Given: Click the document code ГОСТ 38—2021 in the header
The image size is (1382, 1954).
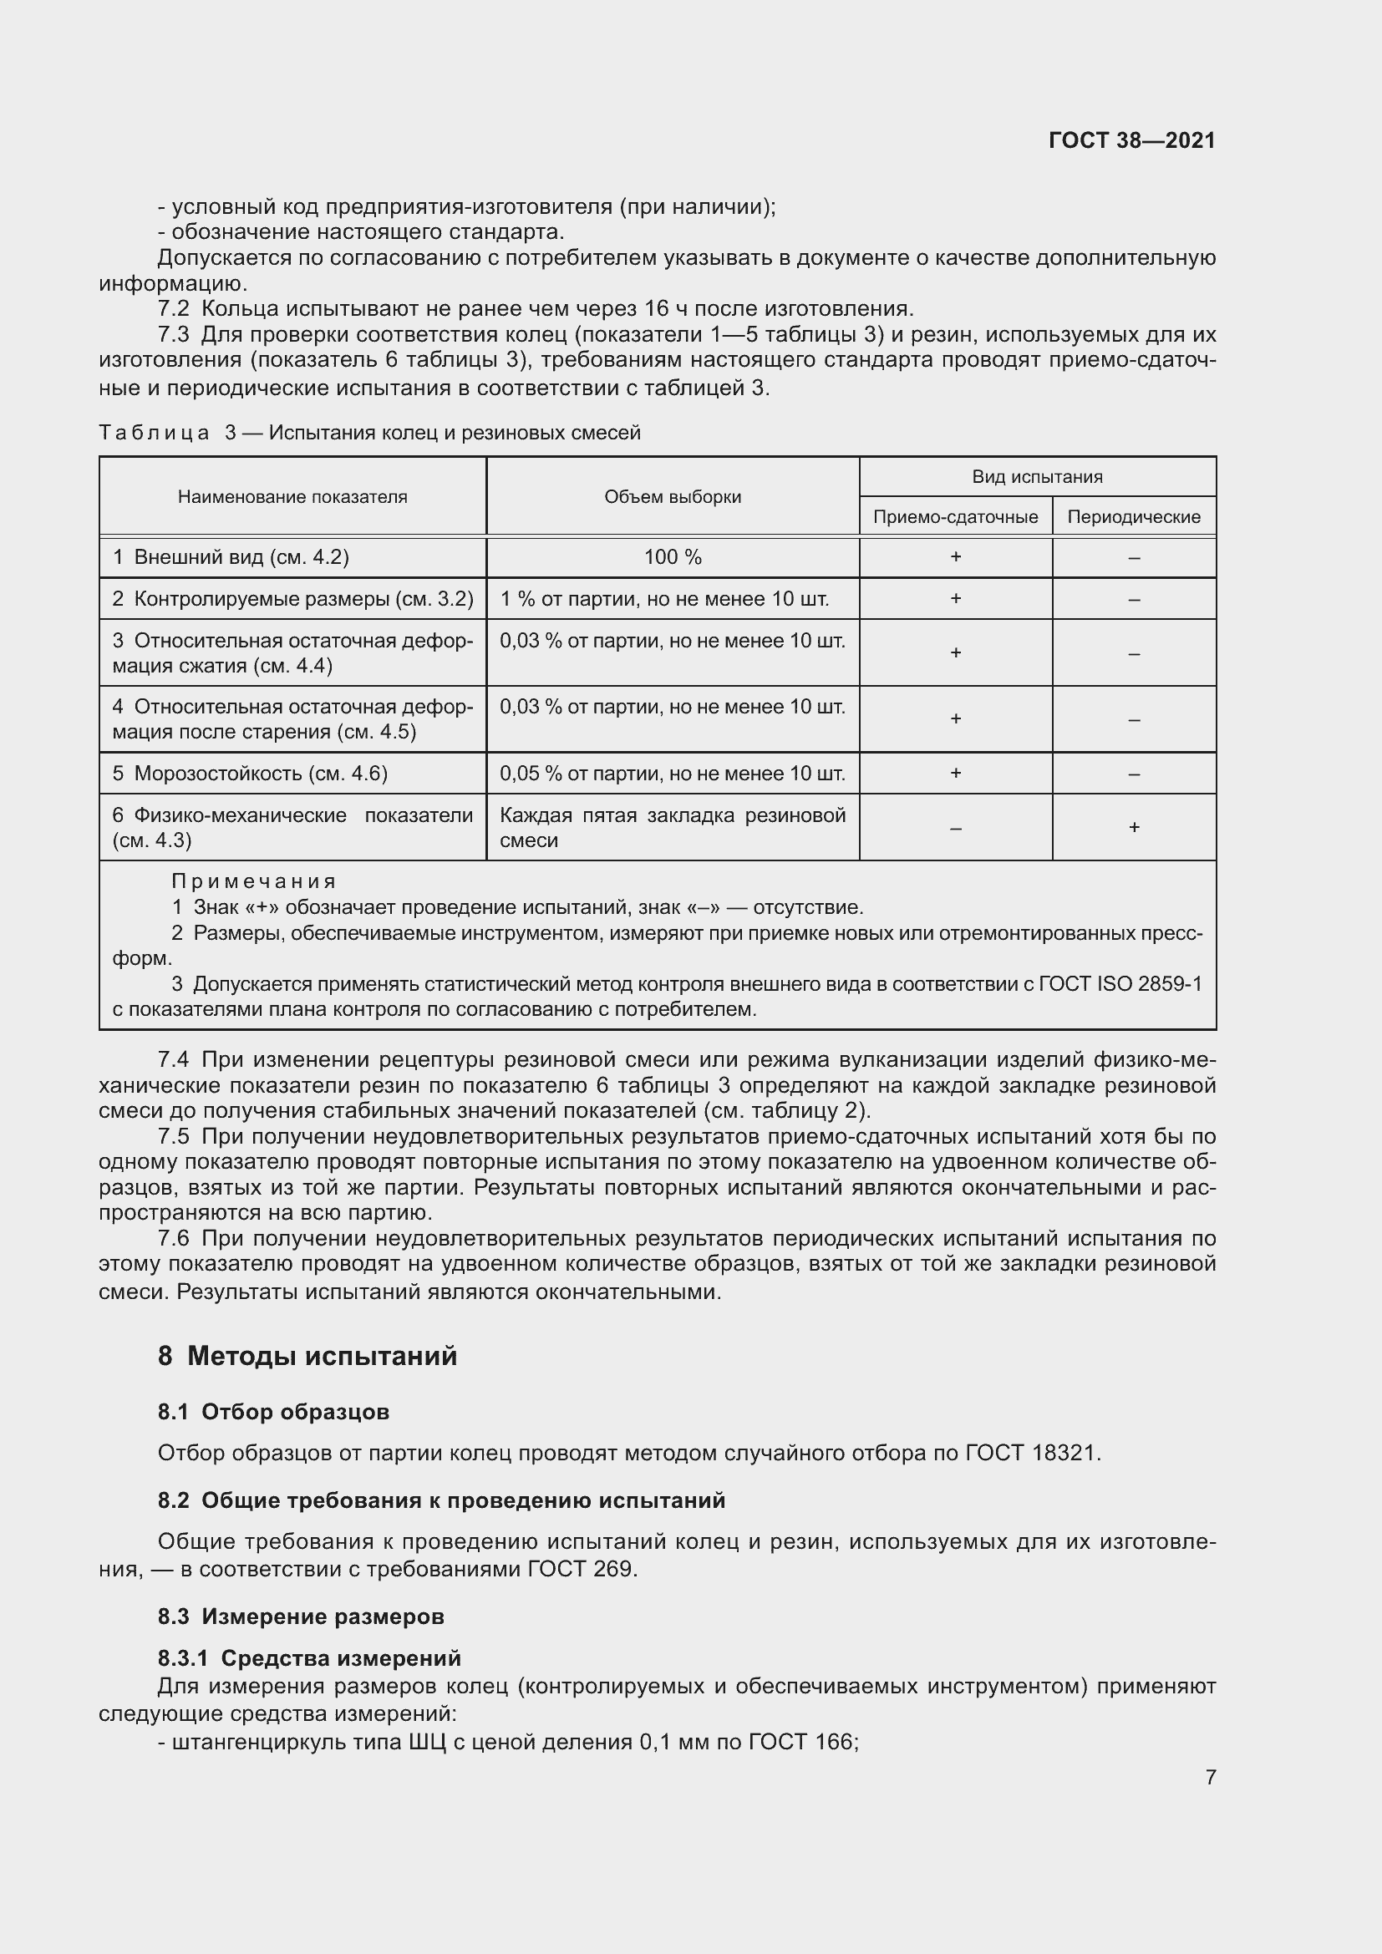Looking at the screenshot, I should pos(1131,140).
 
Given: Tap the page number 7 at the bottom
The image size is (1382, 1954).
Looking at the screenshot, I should pos(1210,1777).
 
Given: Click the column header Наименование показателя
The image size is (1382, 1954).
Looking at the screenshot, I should pos(292,497).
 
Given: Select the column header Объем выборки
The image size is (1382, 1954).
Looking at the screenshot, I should pos(673,497).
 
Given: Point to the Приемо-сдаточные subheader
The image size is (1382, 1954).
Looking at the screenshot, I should pos(955,516).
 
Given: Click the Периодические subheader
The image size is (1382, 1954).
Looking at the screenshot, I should pos(1134,516).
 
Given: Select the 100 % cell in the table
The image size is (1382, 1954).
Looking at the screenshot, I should pos(673,557).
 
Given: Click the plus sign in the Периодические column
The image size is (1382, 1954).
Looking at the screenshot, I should pos(1134,827).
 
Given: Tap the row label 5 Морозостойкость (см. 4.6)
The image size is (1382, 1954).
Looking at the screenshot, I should pos(250,774).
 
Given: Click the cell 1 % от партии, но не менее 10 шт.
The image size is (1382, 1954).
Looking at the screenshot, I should pos(663,599).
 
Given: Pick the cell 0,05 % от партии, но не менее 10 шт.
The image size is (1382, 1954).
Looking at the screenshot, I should pos(673,774).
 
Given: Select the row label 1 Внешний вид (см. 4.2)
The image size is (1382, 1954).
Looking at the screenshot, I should pos(231,557).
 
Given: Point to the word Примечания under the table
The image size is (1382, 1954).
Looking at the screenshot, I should pos(254,881).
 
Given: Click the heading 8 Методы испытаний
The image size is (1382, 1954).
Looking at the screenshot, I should pos(307,1356).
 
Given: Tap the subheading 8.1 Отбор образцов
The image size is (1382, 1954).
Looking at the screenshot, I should pos(273,1412).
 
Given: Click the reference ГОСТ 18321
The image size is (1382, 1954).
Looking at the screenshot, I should pos(1032,1453).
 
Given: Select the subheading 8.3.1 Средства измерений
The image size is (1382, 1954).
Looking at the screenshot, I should pos(309,1657).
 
